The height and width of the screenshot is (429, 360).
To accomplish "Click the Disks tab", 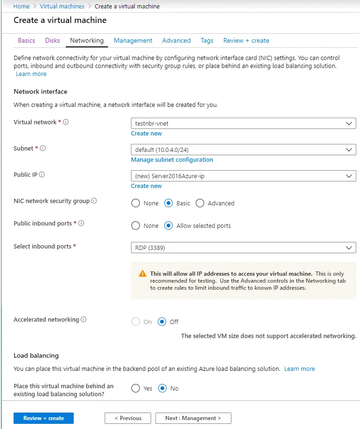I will click(x=53, y=40).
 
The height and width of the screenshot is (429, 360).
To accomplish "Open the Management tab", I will click(x=133, y=40).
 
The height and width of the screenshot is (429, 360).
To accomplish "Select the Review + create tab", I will click(x=246, y=40).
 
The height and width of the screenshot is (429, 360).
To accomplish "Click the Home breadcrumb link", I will click(x=22, y=7).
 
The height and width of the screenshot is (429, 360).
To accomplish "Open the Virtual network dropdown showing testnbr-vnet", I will click(x=243, y=123).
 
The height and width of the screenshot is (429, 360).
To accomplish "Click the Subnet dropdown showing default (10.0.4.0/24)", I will click(x=243, y=150).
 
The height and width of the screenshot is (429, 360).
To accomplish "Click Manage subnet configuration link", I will click(x=172, y=160).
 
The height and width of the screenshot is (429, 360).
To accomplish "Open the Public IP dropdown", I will click(x=243, y=176).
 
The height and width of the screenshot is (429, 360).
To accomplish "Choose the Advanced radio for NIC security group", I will click(x=200, y=203).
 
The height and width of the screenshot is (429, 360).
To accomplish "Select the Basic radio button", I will click(x=169, y=203).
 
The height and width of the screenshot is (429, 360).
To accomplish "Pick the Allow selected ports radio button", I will click(x=169, y=226).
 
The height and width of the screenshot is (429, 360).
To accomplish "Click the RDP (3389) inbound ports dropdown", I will click(x=243, y=247).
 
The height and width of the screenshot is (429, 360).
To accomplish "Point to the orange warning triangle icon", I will click(x=143, y=274).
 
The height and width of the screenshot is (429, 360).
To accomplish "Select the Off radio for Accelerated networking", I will click(x=162, y=322).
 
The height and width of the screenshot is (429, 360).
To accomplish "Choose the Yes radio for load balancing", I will click(x=136, y=388).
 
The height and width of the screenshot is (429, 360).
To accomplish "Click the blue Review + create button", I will click(x=44, y=418).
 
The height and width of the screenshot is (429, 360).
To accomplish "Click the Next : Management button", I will click(x=193, y=418).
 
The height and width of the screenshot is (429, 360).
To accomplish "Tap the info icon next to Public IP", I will click(x=42, y=174).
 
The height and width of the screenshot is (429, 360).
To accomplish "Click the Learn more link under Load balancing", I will click(x=299, y=369).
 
